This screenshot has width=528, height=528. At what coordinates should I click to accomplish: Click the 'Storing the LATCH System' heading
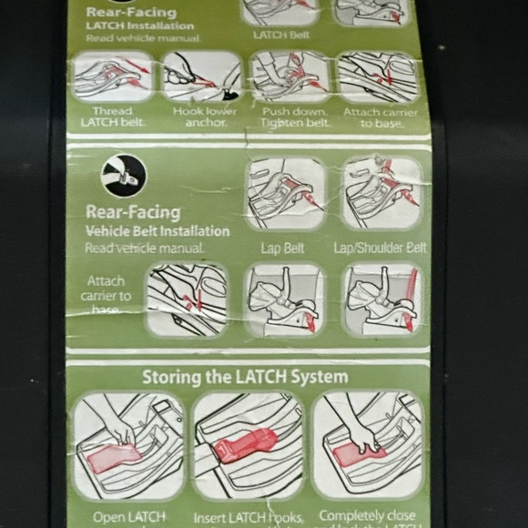pyautogui.click(x=244, y=376)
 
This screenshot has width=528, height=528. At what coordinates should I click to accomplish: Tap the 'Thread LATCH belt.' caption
pyautogui.click(x=113, y=117)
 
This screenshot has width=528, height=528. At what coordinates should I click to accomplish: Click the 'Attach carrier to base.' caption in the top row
pyautogui.click(x=381, y=117)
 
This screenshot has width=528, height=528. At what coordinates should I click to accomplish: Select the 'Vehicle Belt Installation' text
pyautogui.click(x=157, y=231)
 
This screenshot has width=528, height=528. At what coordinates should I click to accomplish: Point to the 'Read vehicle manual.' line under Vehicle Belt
pyautogui.click(x=145, y=247)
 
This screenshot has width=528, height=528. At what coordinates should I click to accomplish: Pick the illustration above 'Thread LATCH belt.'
pyautogui.click(x=113, y=76)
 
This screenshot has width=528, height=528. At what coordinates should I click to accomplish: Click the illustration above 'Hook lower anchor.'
pyautogui.click(x=202, y=76)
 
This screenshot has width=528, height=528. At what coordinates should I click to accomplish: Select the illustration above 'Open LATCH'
pyautogui.click(x=128, y=446)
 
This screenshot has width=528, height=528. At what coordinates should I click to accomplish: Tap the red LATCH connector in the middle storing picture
pyautogui.click(x=246, y=446)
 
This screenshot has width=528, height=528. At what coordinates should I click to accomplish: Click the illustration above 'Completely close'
pyautogui.click(x=368, y=446)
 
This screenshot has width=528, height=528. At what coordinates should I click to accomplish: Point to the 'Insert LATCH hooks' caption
pyautogui.click(x=249, y=518)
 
